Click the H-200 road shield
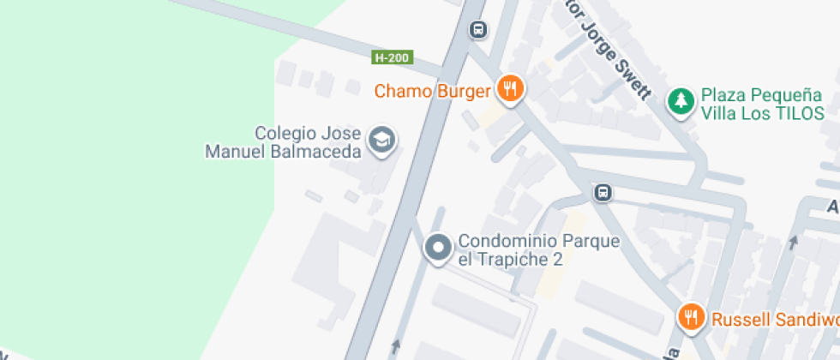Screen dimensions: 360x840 (393, 58)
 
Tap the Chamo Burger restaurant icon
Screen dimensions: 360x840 (510, 89)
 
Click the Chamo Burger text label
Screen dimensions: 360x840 (433, 91)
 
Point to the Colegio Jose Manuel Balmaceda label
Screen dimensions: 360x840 (285, 142)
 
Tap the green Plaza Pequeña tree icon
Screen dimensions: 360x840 (681, 101)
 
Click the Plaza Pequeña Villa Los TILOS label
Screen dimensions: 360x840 (762, 104)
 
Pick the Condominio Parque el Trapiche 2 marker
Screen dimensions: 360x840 (439, 249)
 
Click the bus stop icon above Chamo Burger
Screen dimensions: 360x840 (478, 30)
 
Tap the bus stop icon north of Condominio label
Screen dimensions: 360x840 (603, 192)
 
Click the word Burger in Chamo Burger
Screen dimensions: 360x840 (463, 91)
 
